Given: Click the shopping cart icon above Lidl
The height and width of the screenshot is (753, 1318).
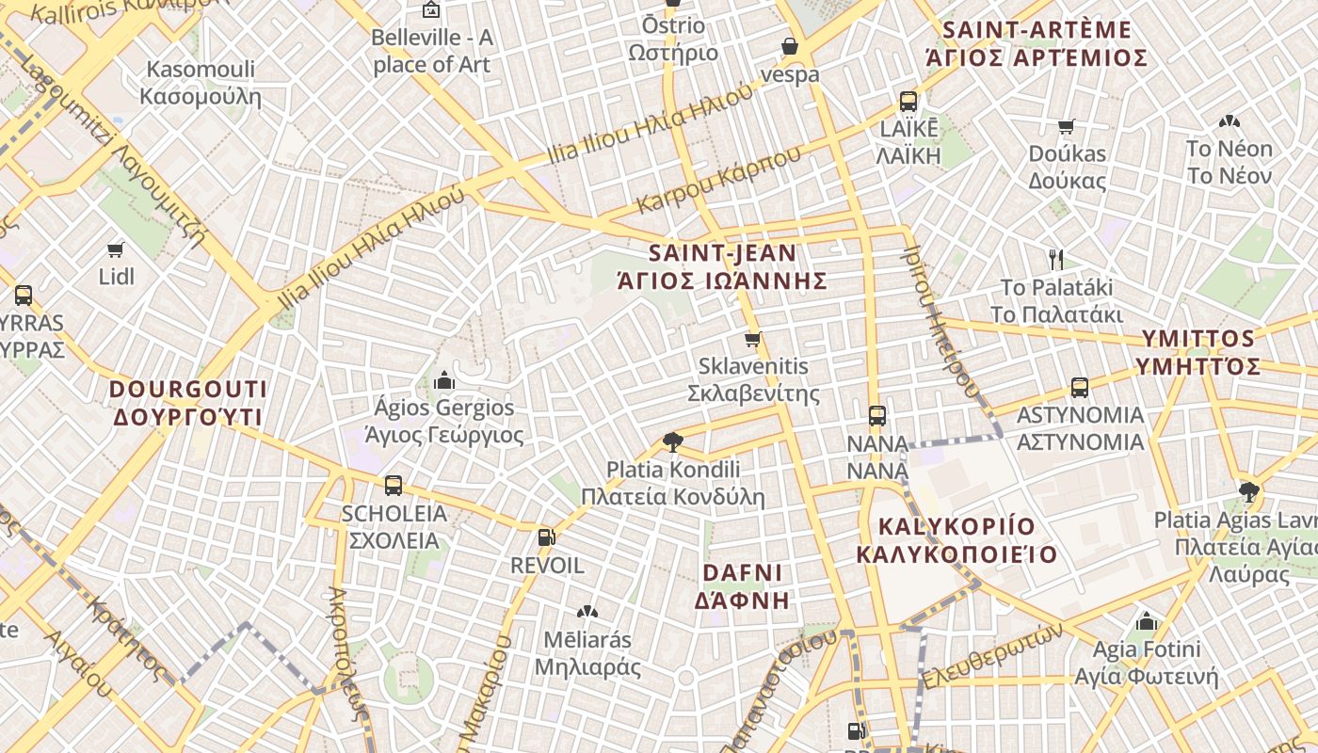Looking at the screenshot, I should click(115, 250).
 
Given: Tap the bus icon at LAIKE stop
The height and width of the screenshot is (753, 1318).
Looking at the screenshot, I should click(908, 102).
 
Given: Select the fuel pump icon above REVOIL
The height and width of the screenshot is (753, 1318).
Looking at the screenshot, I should click(545, 537).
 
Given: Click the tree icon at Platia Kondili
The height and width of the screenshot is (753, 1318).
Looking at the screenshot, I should click(672, 441).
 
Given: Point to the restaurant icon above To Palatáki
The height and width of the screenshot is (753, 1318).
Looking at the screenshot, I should click(1056, 259).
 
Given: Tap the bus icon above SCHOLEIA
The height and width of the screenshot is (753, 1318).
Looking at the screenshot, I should click(394, 486).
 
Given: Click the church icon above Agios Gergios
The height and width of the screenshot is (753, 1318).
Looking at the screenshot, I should click(444, 380).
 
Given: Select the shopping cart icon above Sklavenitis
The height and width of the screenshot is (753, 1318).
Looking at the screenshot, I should click(752, 339).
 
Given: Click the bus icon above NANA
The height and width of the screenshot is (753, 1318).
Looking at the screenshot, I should click(877, 415).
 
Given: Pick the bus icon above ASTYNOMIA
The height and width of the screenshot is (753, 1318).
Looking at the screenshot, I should click(1080, 387).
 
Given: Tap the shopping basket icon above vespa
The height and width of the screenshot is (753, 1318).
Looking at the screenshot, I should click(790, 46).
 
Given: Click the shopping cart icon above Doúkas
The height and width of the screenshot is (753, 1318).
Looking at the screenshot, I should click(1067, 127).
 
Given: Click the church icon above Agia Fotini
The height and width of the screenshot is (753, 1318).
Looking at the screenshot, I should click(1147, 621).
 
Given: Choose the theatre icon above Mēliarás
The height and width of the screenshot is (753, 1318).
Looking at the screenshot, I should click(587, 612).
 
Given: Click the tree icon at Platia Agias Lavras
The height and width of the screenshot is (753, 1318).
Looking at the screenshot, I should click(1249, 489).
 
